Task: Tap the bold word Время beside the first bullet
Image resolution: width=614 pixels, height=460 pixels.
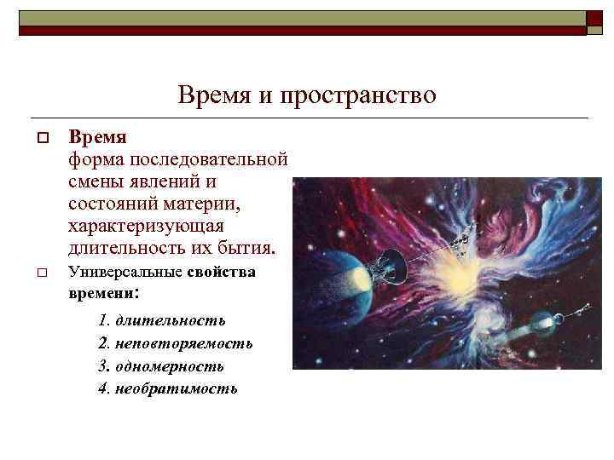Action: pos(98,137)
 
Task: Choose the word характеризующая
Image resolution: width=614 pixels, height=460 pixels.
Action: pos(146,227)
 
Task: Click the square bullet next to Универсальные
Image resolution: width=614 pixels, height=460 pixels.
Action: pos(41,273)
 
